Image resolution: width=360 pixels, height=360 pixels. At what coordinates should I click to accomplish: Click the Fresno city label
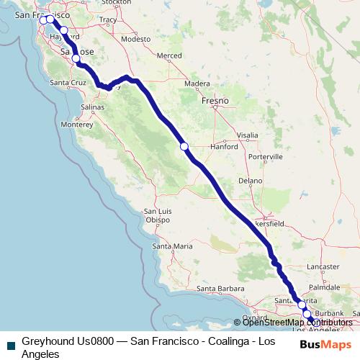(215, 101)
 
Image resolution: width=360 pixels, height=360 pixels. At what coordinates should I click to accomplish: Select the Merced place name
(170, 55)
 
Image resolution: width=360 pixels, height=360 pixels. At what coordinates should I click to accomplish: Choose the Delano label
(251, 181)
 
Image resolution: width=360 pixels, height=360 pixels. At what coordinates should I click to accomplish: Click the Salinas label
(93, 107)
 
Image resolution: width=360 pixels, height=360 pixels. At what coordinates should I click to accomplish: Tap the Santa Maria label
(173, 246)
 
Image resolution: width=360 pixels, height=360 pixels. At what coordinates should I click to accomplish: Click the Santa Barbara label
(215, 289)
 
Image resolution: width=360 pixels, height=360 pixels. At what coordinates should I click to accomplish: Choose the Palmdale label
(328, 286)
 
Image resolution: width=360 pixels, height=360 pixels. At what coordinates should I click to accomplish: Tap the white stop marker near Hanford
(184, 146)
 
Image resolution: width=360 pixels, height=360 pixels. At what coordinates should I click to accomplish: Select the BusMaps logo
(322, 344)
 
